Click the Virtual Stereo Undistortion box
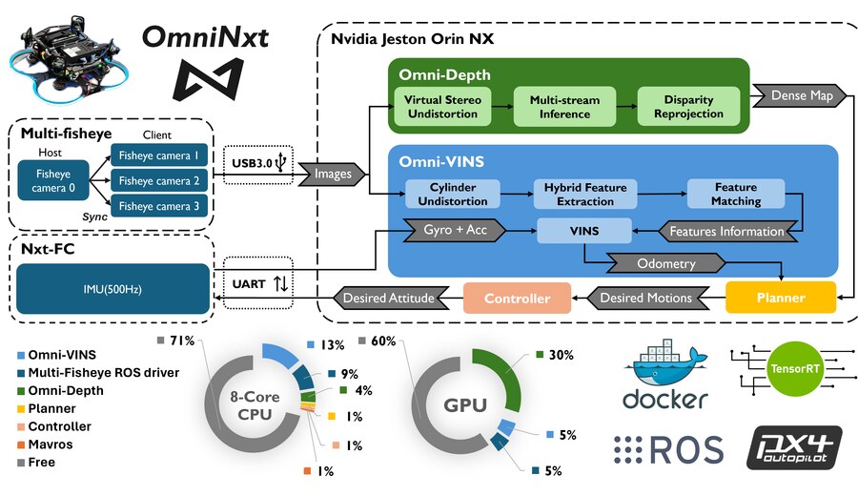tap(441, 107)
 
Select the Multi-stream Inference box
tap(565, 107)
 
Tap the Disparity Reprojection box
tap(688, 107)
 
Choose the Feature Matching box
tap(736, 194)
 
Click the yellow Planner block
tap(781, 298)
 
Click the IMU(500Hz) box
tap(113, 287)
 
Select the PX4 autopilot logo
tap(793, 448)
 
